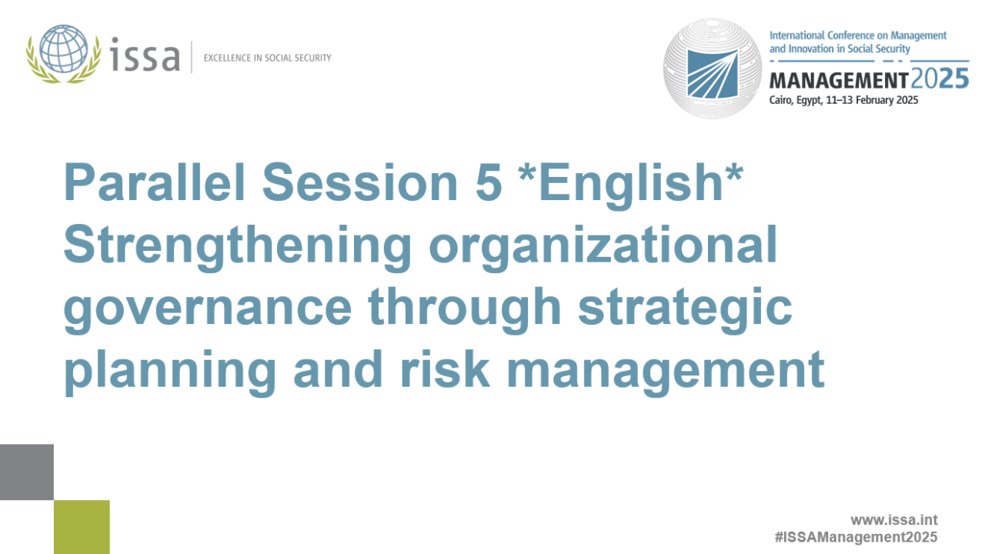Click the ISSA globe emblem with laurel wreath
click(63, 54)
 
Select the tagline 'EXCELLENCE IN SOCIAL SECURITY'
click(267, 58)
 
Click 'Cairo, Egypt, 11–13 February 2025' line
click(843, 100)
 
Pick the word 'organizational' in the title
click(602, 247)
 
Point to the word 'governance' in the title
click(208, 309)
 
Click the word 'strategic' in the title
click(685, 309)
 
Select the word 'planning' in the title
click(170, 371)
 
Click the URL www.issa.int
click(893, 520)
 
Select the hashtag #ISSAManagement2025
click(856, 537)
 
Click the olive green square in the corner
click(82, 527)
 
